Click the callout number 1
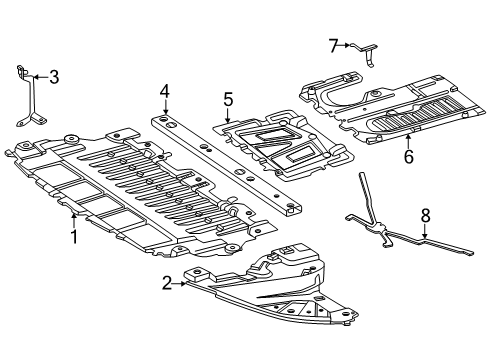click(x=74, y=236)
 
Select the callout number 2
click(x=167, y=283)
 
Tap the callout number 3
click(x=54, y=77)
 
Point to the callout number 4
click(x=165, y=92)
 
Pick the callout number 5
click(x=228, y=100)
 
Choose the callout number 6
click(x=409, y=156)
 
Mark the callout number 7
click(x=334, y=46)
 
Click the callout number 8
click(x=425, y=216)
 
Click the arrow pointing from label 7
click(x=344, y=45)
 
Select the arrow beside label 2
click(x=179, y=284)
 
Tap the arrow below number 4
click(x=166, y=108)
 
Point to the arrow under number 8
click(x=425, y=231)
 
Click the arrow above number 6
click(x=409, y=141)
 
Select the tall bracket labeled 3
click(x=32, y=97)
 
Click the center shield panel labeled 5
click(x=283, y=145)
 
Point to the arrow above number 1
click(x=74, y=221)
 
